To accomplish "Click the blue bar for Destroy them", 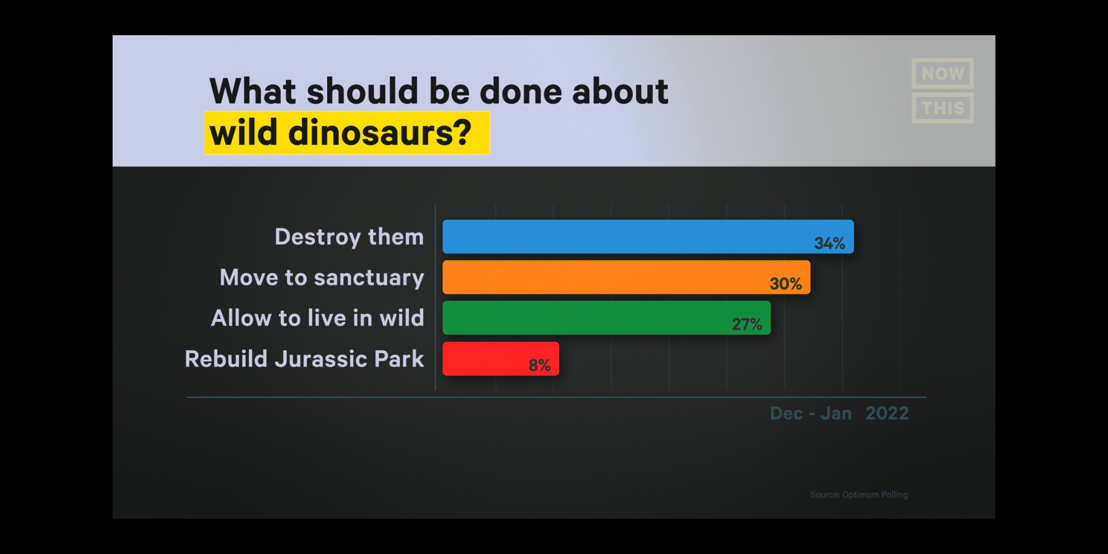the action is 648,237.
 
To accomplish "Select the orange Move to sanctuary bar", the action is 626,277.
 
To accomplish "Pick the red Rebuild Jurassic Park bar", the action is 501,359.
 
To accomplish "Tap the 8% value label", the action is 539,365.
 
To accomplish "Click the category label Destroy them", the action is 349,237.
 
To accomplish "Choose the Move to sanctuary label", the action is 322,277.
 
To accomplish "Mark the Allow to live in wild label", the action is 317,318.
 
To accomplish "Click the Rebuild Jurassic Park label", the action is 304,359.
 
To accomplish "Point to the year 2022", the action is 887,413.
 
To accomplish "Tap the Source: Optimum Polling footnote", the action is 859,495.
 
